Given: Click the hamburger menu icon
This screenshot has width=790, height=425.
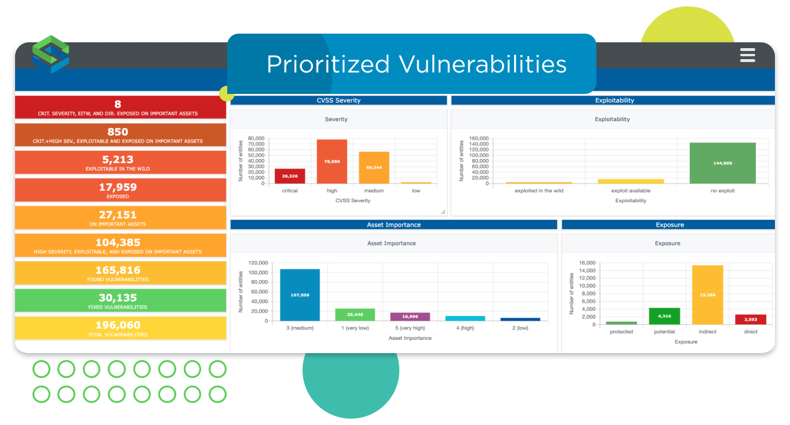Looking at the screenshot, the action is pos(747,56).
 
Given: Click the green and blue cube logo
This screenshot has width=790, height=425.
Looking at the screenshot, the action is pos(51,55).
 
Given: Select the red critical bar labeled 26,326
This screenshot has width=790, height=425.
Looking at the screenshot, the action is pos(290,176).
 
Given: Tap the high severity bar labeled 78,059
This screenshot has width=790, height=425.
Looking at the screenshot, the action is pos(332,162).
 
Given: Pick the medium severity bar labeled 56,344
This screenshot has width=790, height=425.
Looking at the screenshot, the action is pos(374,168).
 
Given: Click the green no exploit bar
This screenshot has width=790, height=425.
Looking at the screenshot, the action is pos(723,163).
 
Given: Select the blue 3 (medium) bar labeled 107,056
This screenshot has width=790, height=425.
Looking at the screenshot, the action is pos(300,295).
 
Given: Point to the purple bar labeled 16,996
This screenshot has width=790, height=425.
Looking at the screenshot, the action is pos(410,317).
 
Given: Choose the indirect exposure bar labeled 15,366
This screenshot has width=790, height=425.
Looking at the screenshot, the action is pos(708,295).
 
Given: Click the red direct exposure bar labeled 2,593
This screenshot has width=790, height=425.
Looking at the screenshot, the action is pos(751,319).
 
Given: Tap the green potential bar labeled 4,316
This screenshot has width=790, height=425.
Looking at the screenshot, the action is pos(664,317).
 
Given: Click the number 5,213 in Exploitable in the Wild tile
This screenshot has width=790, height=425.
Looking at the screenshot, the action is pos(118,160).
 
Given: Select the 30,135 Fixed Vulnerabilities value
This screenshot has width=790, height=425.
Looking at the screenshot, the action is pos(118,298).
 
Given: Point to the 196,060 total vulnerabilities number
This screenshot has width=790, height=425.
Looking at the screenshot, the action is pos(118,325).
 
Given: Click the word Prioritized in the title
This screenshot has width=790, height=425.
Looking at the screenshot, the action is pos(328,64).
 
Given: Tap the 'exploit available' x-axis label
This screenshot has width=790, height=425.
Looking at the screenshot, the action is pos(631,191).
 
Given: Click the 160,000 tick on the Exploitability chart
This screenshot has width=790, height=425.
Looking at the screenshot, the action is pos(479,138).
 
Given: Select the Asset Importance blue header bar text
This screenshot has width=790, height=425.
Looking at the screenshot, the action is pos(394,224).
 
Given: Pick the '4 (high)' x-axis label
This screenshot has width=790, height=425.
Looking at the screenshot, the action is pos(465,328).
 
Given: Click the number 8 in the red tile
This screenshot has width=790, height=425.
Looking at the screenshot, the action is pos(118,104).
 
